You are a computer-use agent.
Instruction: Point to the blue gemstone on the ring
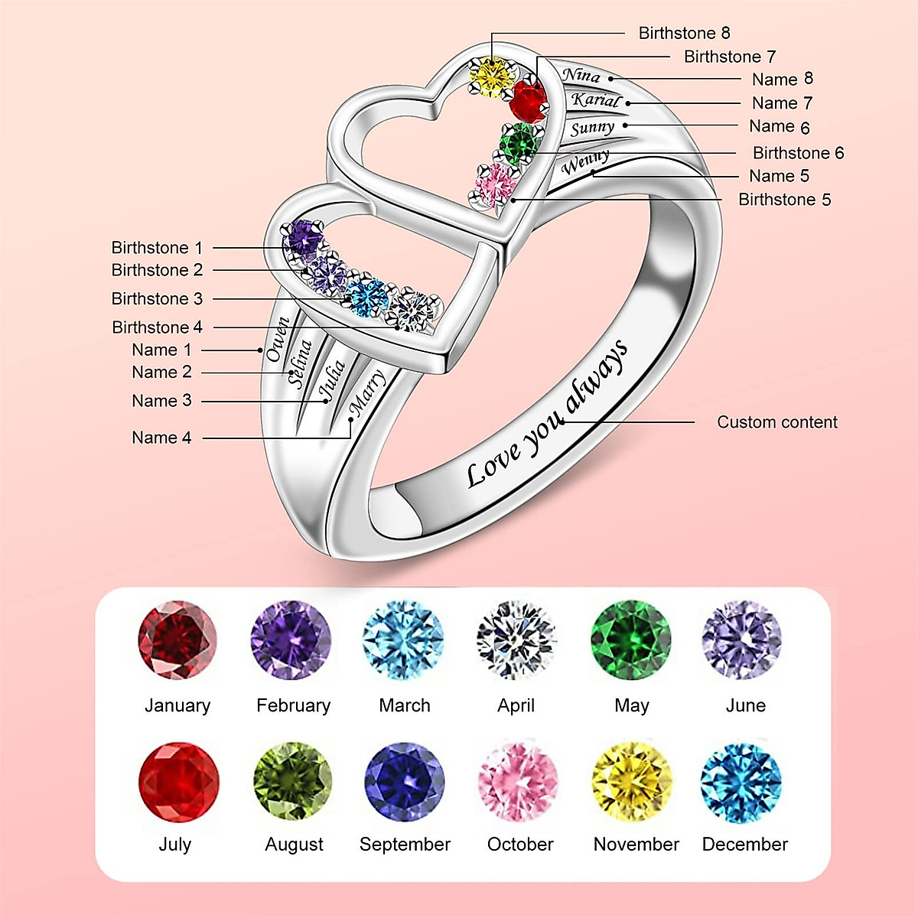click(367, 298)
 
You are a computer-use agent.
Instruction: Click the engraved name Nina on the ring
click(581, 75)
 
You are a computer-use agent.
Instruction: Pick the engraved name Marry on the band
click(367, 392)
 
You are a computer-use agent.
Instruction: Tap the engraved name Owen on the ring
click(278, 339)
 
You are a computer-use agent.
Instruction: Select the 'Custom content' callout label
click(776, 422)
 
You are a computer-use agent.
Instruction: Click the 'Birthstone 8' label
click(684, 33)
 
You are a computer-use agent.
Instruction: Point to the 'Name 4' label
click(161, 438)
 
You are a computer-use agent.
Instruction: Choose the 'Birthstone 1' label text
click(157, 248)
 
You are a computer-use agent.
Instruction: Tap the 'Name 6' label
click(779, 127)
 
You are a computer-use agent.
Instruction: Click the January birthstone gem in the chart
click(177, 640)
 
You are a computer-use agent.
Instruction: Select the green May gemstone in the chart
click(630, 640)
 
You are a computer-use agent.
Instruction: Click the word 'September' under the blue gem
click(405, 845)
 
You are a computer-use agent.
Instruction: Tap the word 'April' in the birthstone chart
click(516, 705)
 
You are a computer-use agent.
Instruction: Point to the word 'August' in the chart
click(294, 845)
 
